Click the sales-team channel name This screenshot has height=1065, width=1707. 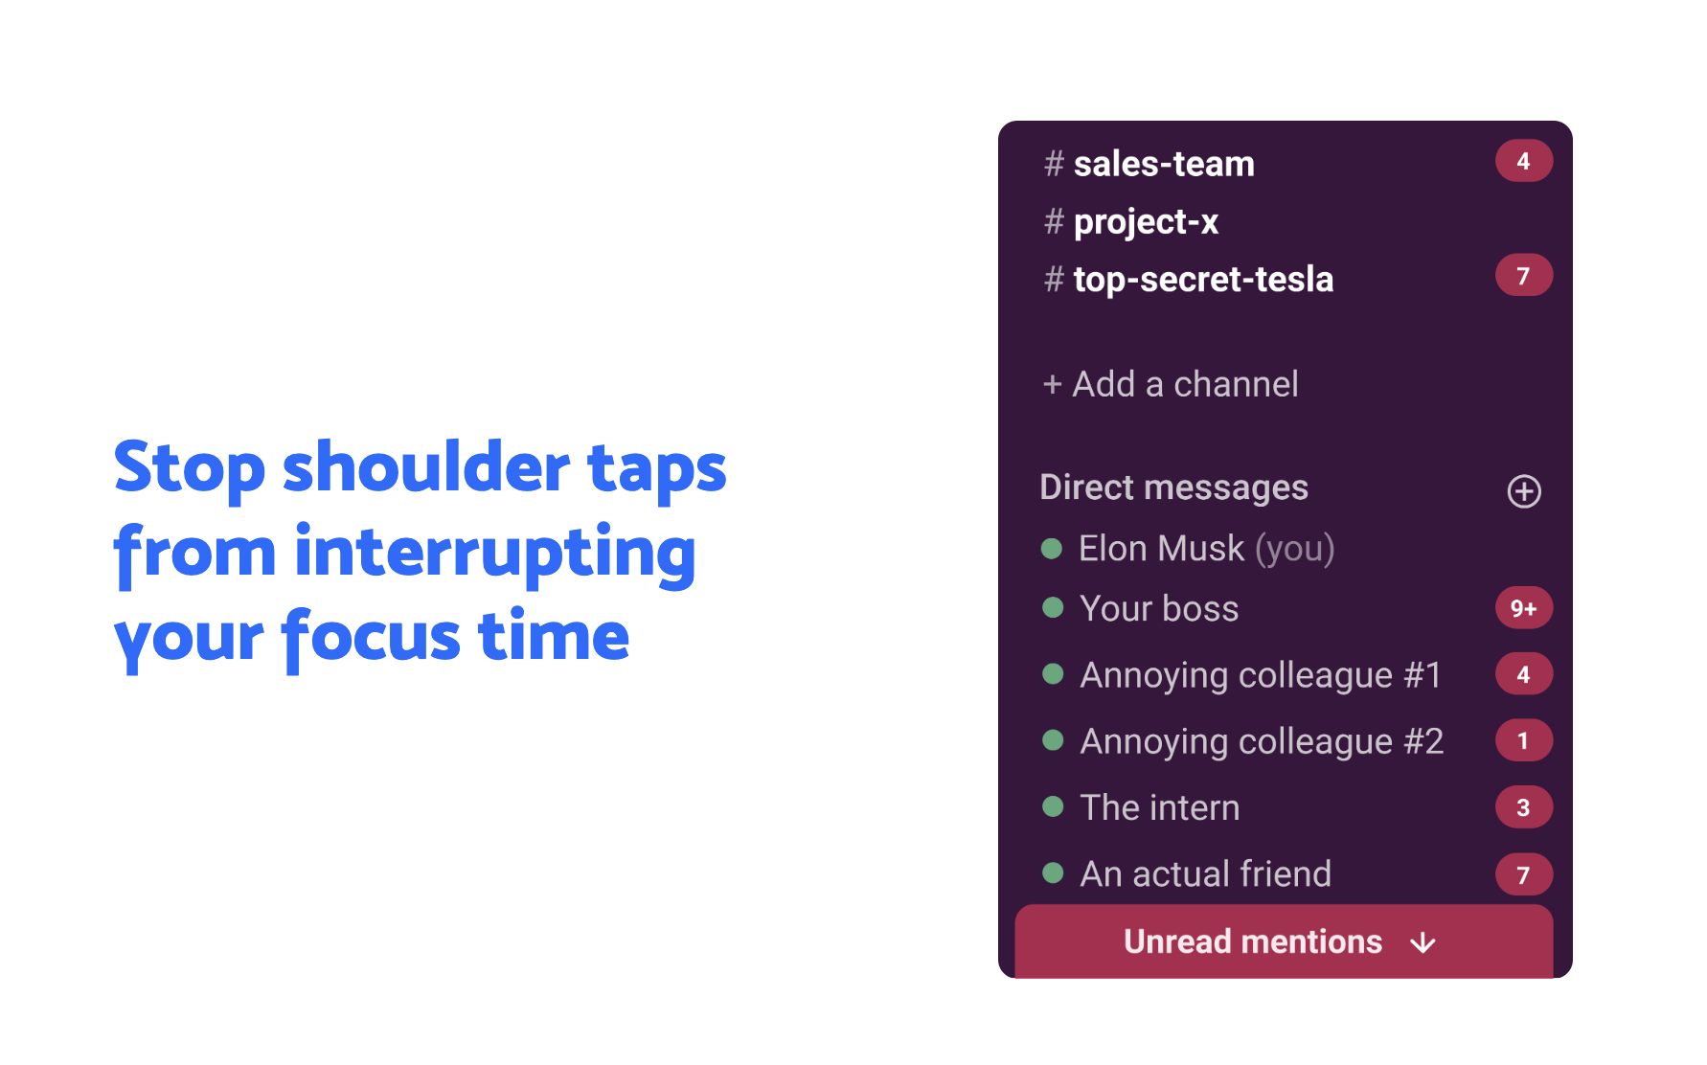coord(1164,164)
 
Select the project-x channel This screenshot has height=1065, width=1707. coord(1146,222)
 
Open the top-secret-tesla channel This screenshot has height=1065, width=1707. coord(1203,280)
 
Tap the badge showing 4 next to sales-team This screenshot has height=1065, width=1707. coord(1523,161)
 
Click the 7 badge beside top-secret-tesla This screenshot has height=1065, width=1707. coord(1523,276)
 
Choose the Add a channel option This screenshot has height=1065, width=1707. coord(1171,384)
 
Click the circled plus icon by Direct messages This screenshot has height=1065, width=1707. coord(1524,491)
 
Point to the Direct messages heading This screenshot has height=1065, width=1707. coord(1173,487)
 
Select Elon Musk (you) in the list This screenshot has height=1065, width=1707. coord(1206,549)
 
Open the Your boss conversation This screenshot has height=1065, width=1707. coord(1159,609)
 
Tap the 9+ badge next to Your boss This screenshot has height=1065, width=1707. coord(1523,608)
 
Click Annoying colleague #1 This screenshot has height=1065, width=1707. coord(1261,675)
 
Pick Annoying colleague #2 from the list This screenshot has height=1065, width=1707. coord(1262,741)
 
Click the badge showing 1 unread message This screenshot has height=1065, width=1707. coord(1523,740)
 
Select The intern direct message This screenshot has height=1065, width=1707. coord(1159,807)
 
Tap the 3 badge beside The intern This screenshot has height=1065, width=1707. coord(1523,807)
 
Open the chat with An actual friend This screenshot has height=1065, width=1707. coord(1205,873)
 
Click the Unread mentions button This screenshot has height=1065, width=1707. coord(1284,941)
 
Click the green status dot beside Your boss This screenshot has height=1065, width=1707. coord(1053,608)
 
